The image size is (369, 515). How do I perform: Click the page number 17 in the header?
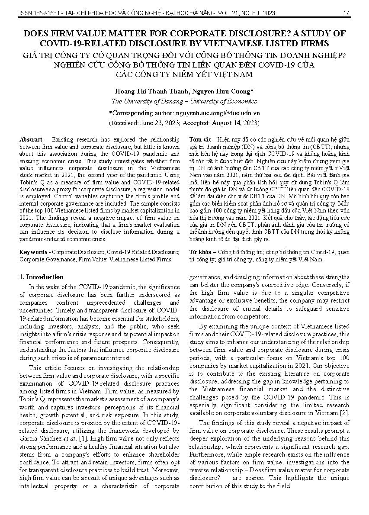point(346,13)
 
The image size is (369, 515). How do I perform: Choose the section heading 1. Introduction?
point(42,277)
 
